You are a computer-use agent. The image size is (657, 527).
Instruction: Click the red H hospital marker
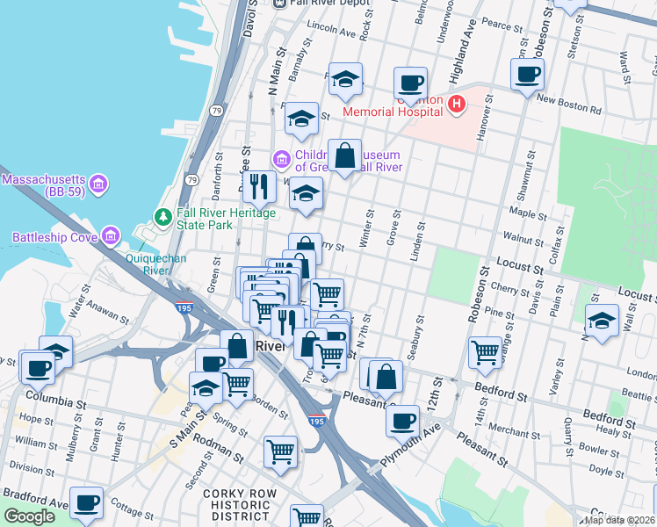(x=456, y=105)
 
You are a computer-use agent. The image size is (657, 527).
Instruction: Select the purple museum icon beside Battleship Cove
(x=111, y=235)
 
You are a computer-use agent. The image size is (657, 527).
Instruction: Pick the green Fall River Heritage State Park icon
(x=162, y=216)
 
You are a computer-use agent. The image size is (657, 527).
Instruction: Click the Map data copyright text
(x=618, y=520)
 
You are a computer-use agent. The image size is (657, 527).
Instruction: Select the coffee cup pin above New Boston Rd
(x=528, y=75)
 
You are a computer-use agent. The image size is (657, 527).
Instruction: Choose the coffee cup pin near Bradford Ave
(x=86, y=503)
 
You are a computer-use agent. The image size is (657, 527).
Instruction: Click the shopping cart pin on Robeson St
(x=485, y=352)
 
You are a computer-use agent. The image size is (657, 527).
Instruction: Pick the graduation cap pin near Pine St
(x=602, y=321)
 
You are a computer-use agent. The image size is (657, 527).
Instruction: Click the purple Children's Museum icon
(x=281, y=159)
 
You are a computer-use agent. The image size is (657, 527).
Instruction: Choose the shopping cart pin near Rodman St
(x=280, y=451)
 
